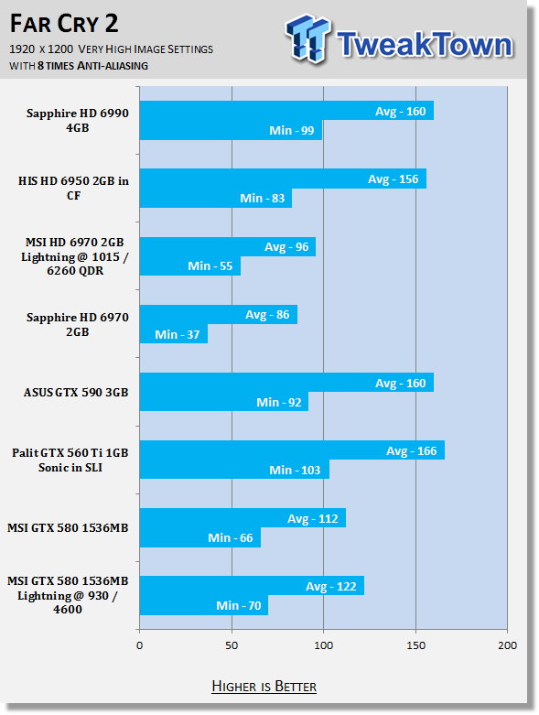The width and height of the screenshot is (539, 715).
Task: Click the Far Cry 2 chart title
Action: [x=64, y=24]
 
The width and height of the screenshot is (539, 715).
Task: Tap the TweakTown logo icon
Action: [x=307, y=38]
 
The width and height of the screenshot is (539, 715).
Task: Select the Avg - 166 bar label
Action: [x=412, y=451]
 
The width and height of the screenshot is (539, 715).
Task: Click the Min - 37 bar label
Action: [x=178, y=335]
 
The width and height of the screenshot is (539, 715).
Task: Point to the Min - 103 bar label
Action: [x=295, y=471]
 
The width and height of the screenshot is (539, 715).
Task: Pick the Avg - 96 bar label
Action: [x=286, y=247]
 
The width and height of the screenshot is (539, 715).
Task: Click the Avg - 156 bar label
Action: [x=393, y=179]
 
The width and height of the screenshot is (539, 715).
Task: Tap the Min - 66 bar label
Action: [x=230, y=538]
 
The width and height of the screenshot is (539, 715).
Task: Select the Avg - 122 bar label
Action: [x=330, y=587]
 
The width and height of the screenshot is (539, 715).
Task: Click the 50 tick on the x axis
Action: [x=232, y=645]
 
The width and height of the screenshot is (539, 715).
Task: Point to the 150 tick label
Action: [x=415, y=645]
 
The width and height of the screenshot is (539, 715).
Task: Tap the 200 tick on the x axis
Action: [x=508, y=645]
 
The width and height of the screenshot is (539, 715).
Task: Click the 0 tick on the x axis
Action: [x=139, y=645]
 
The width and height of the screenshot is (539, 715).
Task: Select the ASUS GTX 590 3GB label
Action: [x=76, y=393]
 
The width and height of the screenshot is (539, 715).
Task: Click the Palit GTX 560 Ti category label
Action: [x=70, y=460]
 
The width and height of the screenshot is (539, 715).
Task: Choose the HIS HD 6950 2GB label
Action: [x=73, y=188]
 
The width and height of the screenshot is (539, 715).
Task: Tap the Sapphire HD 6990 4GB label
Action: [x=78, y=120]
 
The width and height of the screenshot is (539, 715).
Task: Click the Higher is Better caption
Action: [x=264, y=687]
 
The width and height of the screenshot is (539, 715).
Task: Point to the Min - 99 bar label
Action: [x=292, y=130]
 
